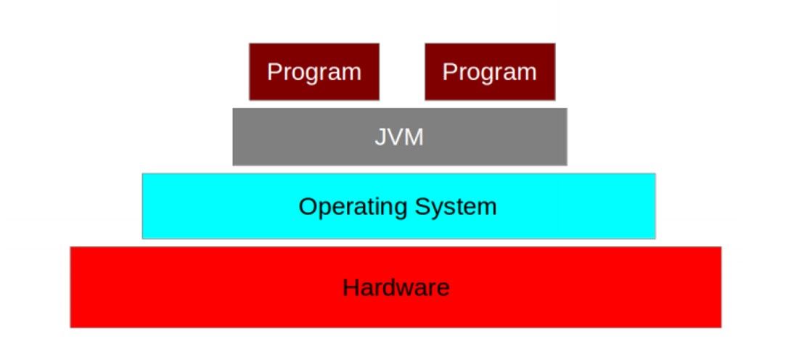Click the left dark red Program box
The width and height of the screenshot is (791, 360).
tap(314, 72)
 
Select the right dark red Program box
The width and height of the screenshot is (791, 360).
tap(490, 72)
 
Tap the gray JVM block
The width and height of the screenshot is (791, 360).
tap(400, 136)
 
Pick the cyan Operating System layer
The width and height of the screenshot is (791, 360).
tap(398, 205)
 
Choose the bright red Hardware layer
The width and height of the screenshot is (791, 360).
tap(395, 287)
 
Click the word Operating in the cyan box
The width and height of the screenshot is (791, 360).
tap(353, 208)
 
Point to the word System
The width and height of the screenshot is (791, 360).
tap(456, 206)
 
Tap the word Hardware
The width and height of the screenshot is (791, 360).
tap(396, 287)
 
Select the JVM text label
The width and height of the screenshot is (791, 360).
tap(399, 137)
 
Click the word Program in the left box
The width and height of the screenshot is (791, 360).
tap(314, 73)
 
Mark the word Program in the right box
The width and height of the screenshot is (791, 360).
tap(490, 73)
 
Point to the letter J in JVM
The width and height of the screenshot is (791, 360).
tap(380, 137)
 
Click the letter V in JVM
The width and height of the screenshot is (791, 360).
tap(395, 137)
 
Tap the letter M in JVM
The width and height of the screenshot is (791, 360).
tap(414, 137)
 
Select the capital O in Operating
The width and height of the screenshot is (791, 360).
tap(308, 206)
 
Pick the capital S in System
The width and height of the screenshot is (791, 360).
tap(423, 206)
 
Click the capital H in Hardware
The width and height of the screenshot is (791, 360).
tap(351, 287)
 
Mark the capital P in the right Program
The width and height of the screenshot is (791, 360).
tap(450, 72)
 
